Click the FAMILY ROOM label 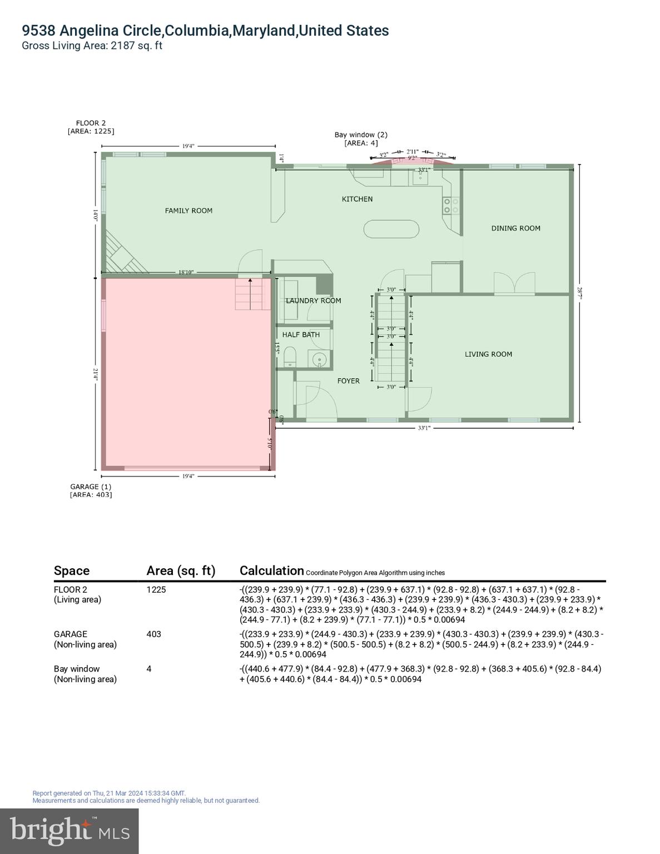tap(188, 211)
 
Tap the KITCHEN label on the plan tap(357, 199)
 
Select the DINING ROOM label tap(515, 228)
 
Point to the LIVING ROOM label tap(488, 354)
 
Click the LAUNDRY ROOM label tap(313, 301)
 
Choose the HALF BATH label tap(301, 335)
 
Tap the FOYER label tap(348, 381)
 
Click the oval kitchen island tap(391, 229)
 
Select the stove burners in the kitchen tap(450, 206)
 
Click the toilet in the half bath tap(290, 356)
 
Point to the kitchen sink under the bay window tap(419, 177)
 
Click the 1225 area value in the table tap(156, 589)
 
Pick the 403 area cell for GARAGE tap(153, 634)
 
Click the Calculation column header tap(271, 570)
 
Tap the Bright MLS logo tap(70, 831)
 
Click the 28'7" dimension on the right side tap(579, 292)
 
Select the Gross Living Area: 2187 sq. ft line tap(92, 46)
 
